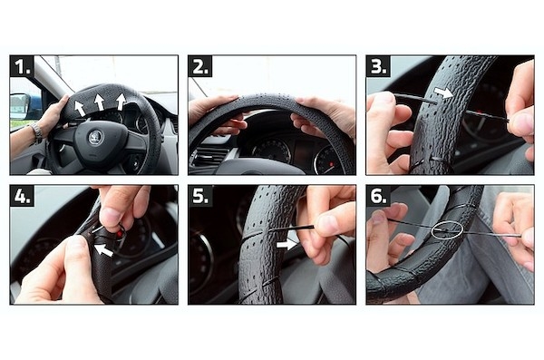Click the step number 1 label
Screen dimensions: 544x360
pos(22,66)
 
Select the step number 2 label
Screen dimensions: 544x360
pos(200,66)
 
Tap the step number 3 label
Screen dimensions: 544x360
pos(378,66)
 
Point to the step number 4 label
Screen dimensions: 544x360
pos(22,196)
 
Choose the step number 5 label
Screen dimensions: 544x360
pos(200,196)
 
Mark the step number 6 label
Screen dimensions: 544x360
pos(378,196)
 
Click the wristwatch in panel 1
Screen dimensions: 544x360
pos(36,133)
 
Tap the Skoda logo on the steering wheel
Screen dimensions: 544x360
pos(95,138)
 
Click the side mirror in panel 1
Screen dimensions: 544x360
pos(19,106)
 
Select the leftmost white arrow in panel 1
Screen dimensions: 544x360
pos(79,108)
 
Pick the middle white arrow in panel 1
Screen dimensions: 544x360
pos(99,102)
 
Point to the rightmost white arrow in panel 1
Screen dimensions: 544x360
pos(121,102)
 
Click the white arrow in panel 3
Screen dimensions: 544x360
pos(443,92)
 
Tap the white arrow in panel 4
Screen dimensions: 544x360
pos(103,250)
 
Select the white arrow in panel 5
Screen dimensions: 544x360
pos(287,245)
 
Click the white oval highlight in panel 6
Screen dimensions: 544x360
pos(447,229)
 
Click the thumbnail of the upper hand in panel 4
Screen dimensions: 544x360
pos(111,216)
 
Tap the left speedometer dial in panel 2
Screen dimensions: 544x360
pos(272,150)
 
